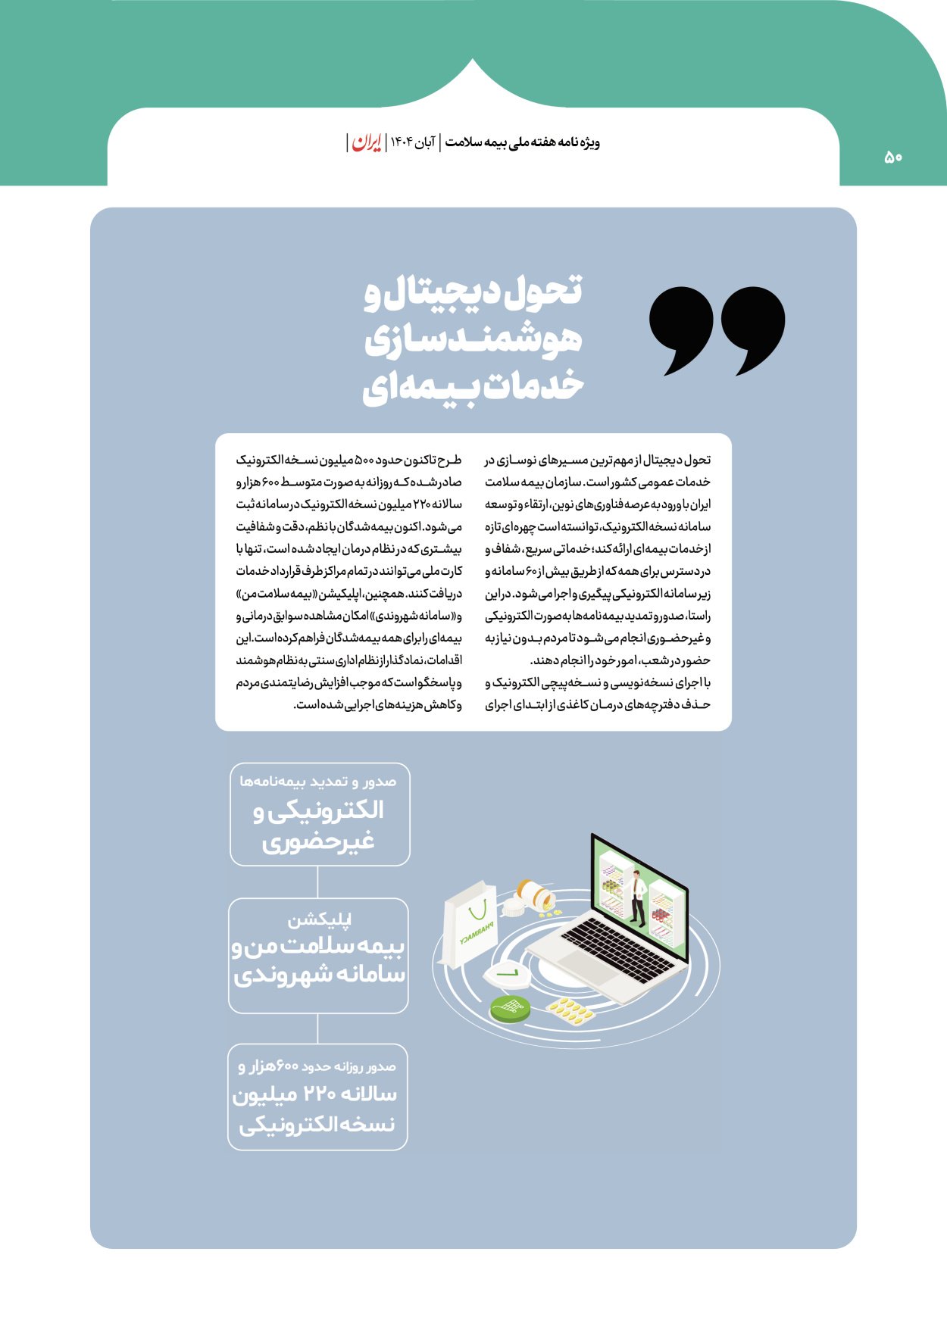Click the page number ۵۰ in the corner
coord(893,157)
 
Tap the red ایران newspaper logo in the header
coord(367,142)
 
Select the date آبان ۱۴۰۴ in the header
coord(413,142)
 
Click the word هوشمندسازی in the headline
coord(474,339)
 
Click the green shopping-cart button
coord(510,1007)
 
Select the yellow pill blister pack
coord(570,1009)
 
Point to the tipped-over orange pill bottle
coord(536,894)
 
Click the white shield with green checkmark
coord(508,974)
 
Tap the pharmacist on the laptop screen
coord(638,898)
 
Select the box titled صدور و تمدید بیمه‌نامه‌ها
coord(320,814)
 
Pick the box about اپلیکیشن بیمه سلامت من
coord(318,956)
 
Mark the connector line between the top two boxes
coord(317,882)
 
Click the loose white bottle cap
coord(514,907)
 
